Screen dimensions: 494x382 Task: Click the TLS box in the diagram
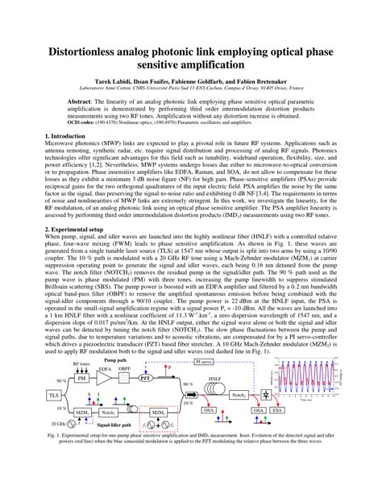[x=54, y=396]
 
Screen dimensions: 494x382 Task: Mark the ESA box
[x=277, y=411]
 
